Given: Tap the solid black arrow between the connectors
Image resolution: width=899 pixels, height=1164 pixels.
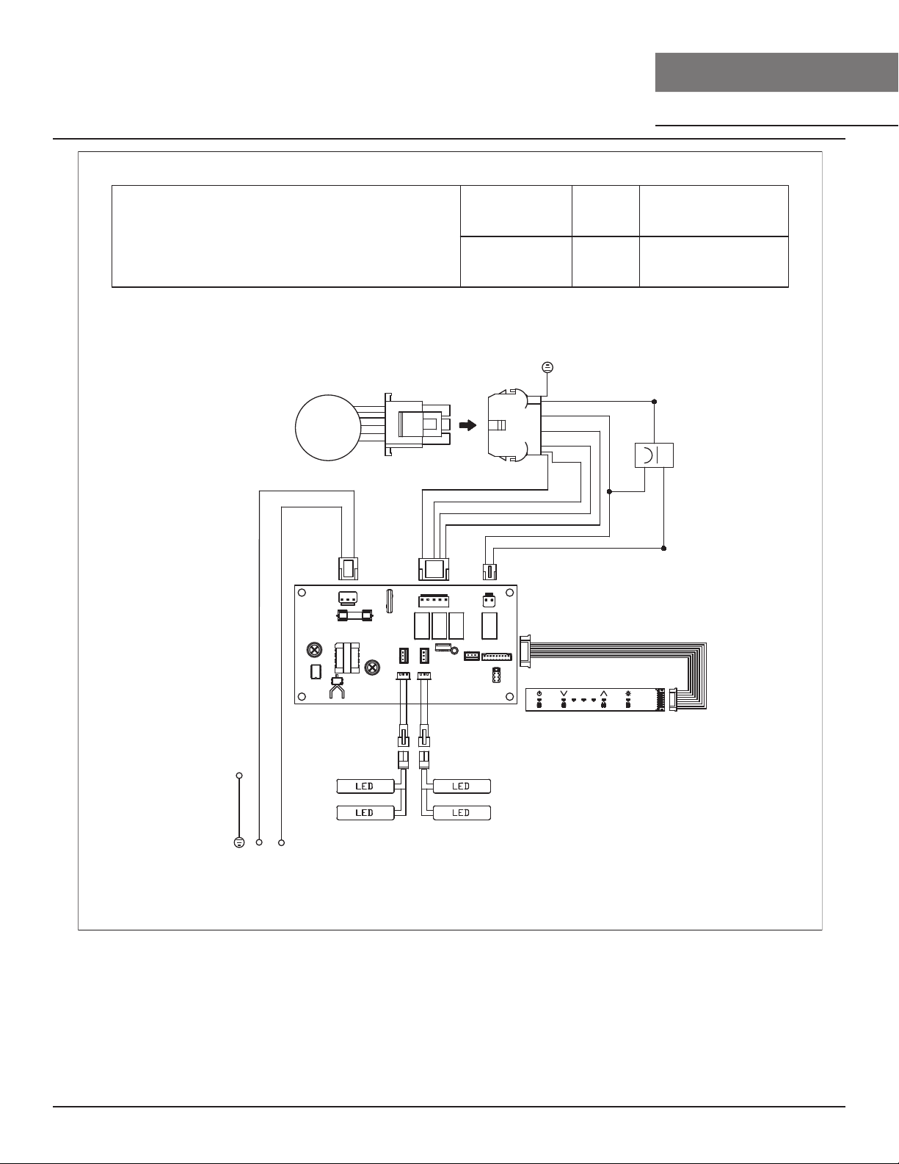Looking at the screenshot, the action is point(467,425).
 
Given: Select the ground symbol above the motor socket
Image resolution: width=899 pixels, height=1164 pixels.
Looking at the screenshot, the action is point(547,367).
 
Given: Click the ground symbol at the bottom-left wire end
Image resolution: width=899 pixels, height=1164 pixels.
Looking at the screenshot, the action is point(239,842).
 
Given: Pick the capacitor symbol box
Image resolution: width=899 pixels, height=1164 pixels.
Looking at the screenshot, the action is point(654,455).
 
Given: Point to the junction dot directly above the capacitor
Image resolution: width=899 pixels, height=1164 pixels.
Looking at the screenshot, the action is point(654,401).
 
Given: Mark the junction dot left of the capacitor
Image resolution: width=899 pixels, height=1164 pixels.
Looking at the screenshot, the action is point(610,491).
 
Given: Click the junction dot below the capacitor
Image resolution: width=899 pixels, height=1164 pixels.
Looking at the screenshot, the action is point(663,548).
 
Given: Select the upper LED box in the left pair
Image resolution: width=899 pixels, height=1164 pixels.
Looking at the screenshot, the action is point(365,786).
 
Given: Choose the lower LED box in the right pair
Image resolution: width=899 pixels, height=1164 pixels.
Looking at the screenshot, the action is point(462,813).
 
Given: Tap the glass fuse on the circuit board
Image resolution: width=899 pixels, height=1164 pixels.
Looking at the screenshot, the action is point(354,616).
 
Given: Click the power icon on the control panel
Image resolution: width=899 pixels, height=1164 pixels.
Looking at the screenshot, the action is point(539,694).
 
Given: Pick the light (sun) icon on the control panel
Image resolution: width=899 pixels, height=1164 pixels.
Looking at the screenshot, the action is point(628,694).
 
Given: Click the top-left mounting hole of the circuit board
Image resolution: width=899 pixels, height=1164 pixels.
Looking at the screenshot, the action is point(302,593).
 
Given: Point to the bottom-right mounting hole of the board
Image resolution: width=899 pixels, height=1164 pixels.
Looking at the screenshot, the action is point(510,696).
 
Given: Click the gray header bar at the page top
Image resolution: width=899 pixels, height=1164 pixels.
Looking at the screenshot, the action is point(777,72).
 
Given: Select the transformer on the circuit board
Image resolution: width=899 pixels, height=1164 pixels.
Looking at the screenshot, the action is point(346,658).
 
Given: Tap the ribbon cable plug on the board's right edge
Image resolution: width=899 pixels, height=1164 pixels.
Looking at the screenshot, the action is point(525,650).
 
